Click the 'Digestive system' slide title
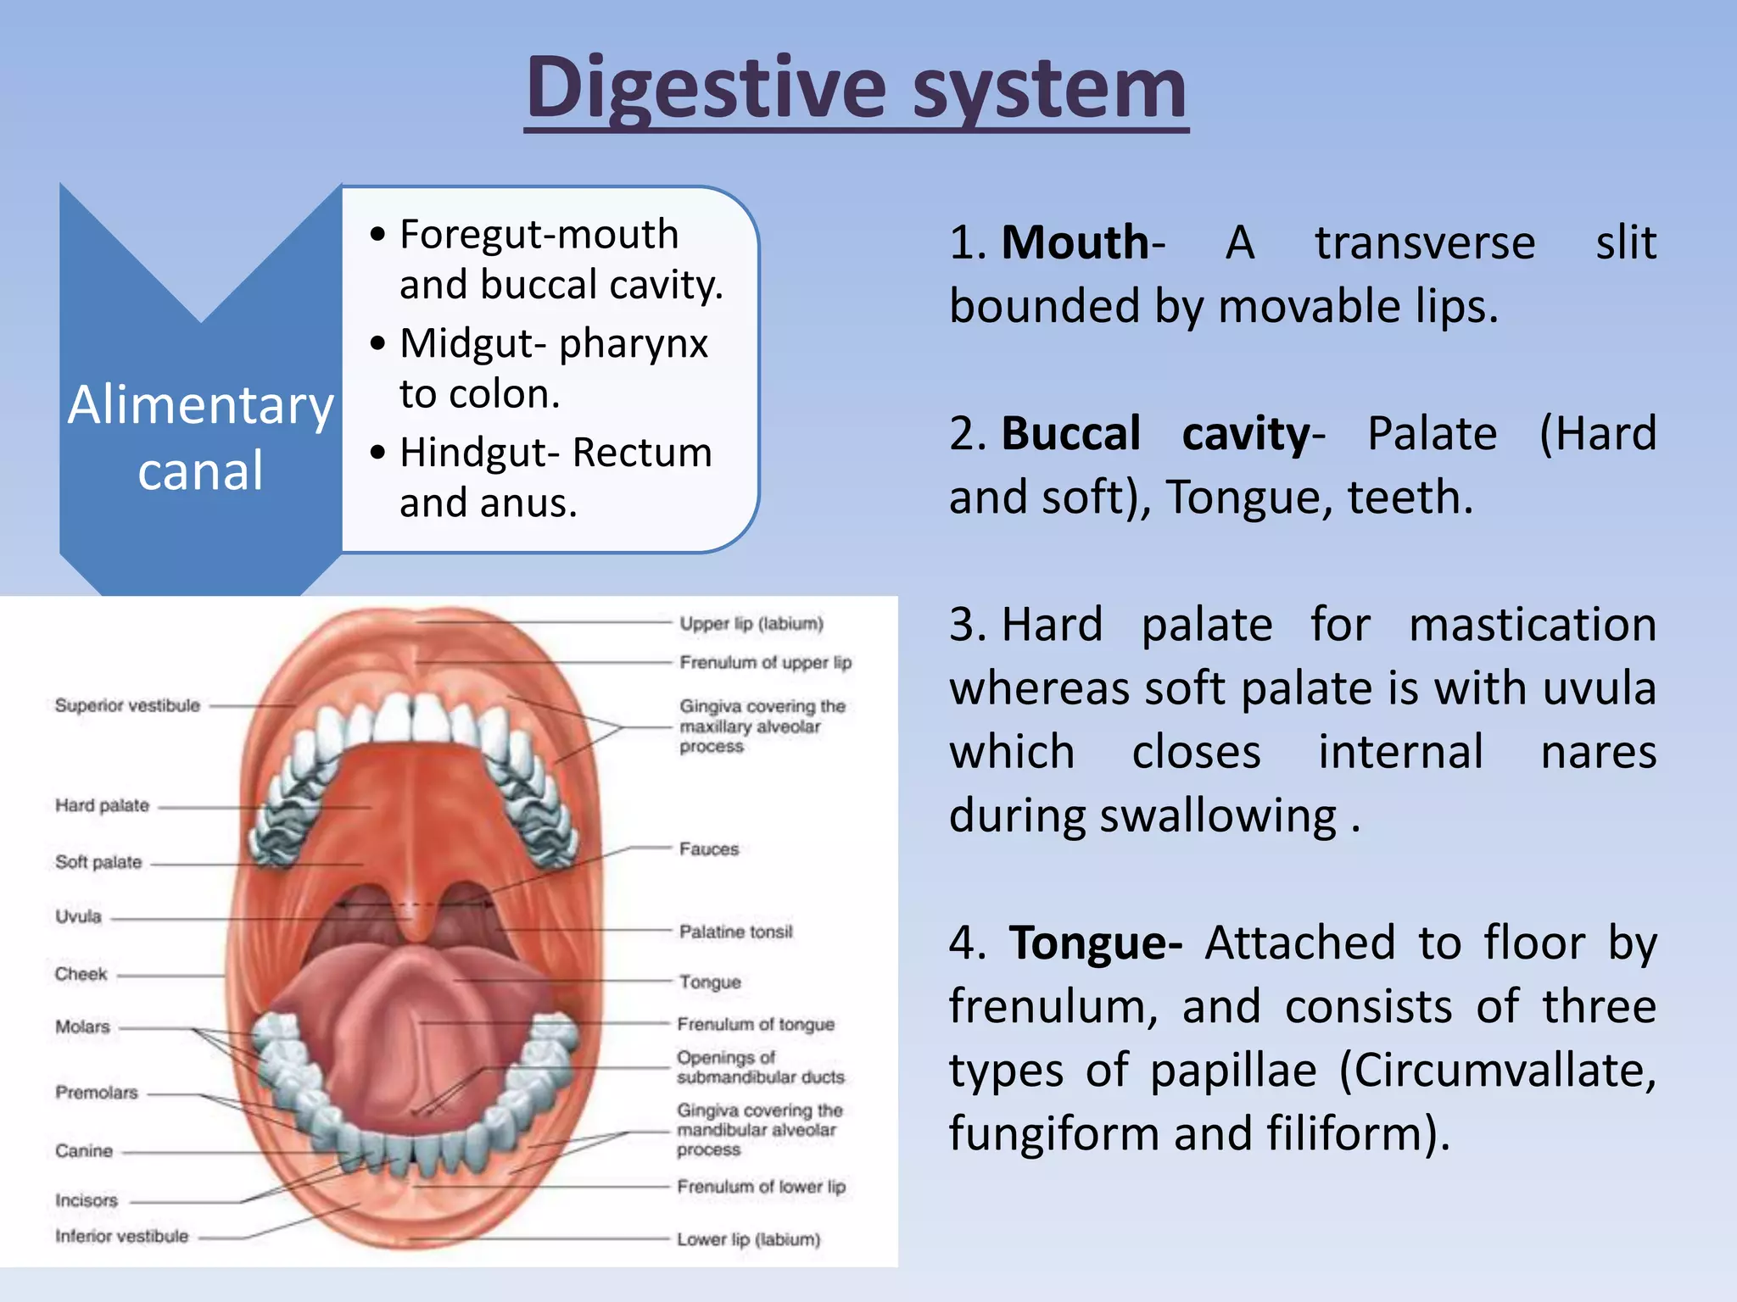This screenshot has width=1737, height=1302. pyautogui.click(x=856, y=88)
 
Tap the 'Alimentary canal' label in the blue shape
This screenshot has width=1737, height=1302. pyautogui.click(x=201, y=437)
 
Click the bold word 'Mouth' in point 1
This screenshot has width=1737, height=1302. pyautogui.click(x=1074, y=243)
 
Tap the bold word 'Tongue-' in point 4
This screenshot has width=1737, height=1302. pyautogui.click(x=1095, y=943)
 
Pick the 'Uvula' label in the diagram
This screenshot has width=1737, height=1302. pyautogui.click(x=78, y=917)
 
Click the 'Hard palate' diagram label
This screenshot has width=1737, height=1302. pyautogui.click(x=102, y=805)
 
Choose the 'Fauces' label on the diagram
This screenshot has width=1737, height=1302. pyautogui.click(x=709, y=849)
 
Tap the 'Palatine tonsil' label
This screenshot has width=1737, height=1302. pyautogui.click(x=735, y=932)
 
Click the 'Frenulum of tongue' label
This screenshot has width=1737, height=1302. pyautogui.click(x=755, y=1025)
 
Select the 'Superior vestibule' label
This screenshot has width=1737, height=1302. pyautogui.click(x=127, y=705)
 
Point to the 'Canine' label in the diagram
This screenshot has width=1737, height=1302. pyautogui.click(x=84, y=1151)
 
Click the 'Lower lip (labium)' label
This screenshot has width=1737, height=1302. pyautogui.click(x=748, y=1239)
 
